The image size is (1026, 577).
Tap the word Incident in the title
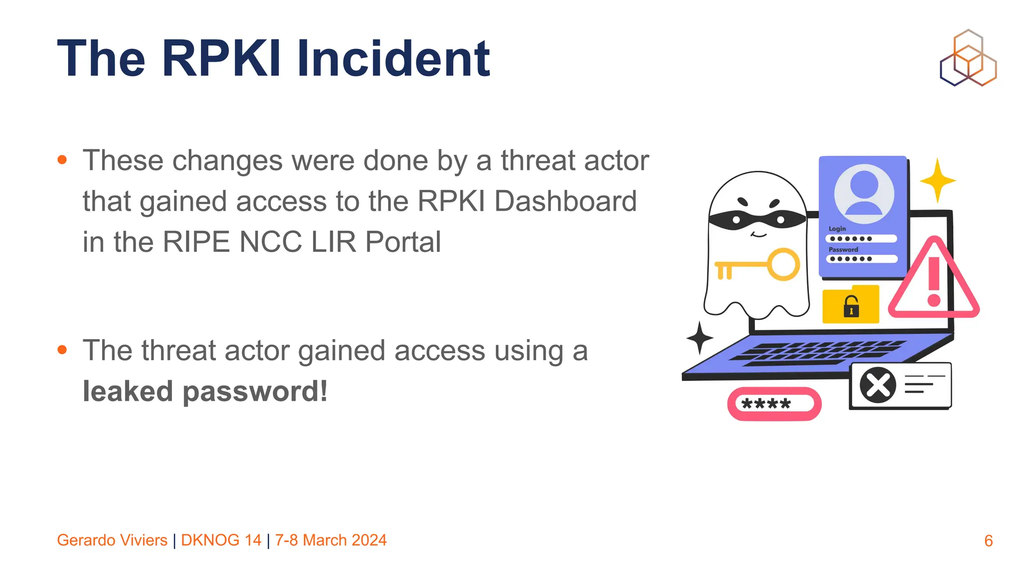[393, 59]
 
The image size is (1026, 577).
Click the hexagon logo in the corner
[968, 58]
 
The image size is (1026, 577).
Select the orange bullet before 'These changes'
[62, 160]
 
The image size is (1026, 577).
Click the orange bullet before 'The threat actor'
[62, 350]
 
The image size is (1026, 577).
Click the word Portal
[403, 242]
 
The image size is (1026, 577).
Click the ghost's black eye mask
[757, 219]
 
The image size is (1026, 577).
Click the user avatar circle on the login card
[864, 194]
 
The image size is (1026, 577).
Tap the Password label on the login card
[843, 249]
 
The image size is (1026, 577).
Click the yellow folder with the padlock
[851, 305]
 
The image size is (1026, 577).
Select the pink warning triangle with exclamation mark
[934, 280]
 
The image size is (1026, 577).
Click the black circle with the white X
[878, 385]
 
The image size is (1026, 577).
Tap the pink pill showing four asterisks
[774, 404]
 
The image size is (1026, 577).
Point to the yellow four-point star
[937, 180]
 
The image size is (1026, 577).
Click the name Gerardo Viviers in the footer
[112, 540]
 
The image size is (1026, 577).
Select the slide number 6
[988, 541]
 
